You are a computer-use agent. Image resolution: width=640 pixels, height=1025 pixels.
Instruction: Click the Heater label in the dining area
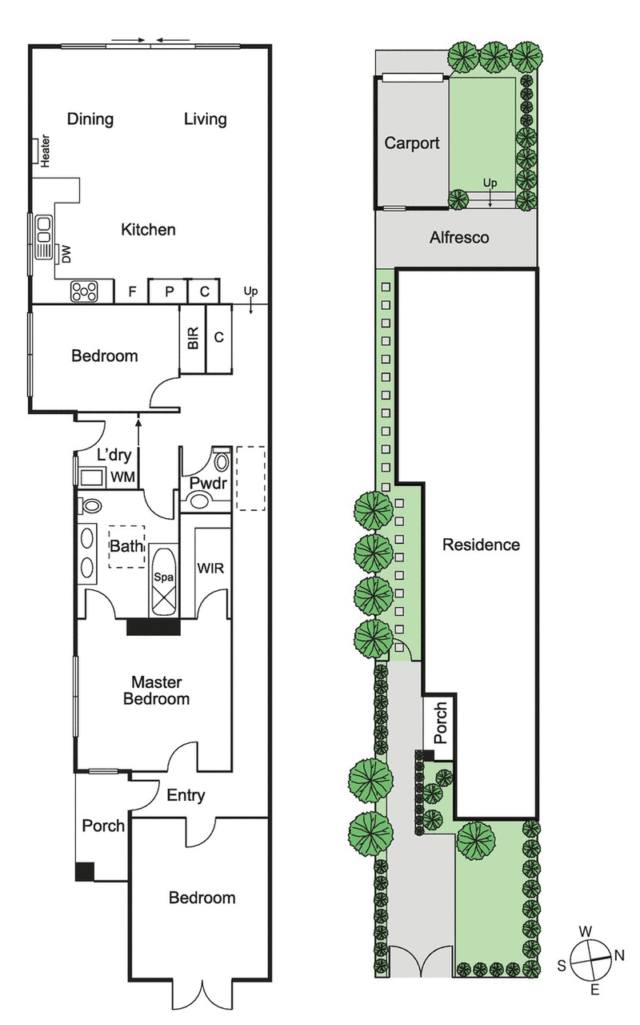click(x=46, y=150)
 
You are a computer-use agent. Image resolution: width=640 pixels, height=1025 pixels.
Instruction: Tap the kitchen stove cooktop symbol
click(x=84, y=291)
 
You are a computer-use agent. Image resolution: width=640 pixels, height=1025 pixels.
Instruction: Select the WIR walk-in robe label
click(x=210, y=569)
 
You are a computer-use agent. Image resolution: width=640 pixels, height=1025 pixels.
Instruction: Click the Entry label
click(x=186, y=796)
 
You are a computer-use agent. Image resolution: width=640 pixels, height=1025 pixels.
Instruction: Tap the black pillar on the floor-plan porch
click(x=85, y=872)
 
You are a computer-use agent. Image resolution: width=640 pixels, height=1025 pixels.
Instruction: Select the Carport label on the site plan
click(x=412, y=143)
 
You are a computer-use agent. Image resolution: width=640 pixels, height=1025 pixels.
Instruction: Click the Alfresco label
click(x=459, y=238)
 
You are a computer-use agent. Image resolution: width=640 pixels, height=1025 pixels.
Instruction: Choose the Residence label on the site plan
click(x=481, y=545)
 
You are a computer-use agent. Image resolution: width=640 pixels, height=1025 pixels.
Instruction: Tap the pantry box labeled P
click(x=170, y=292)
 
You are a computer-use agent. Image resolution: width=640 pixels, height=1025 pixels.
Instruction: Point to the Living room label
click(x=206, y=119)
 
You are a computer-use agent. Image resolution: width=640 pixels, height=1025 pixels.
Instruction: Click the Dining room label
click(x=90, y=119)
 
